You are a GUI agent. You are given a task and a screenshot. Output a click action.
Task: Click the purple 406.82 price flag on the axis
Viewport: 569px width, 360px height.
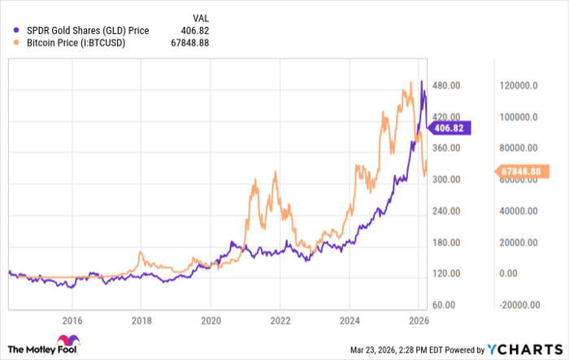[450, 128]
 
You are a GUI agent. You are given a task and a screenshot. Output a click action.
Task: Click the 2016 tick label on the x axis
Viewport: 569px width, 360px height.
[72, 321]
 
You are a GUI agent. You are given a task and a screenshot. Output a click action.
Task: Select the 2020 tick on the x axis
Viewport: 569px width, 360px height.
[211, 321]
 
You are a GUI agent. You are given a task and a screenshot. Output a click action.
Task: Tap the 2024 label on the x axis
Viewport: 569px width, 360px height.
[350, 321]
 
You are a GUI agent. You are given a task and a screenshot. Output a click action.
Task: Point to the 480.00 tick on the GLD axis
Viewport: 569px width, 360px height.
[445, 85]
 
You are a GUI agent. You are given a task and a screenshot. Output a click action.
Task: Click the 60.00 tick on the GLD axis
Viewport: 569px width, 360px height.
[443, 306]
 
